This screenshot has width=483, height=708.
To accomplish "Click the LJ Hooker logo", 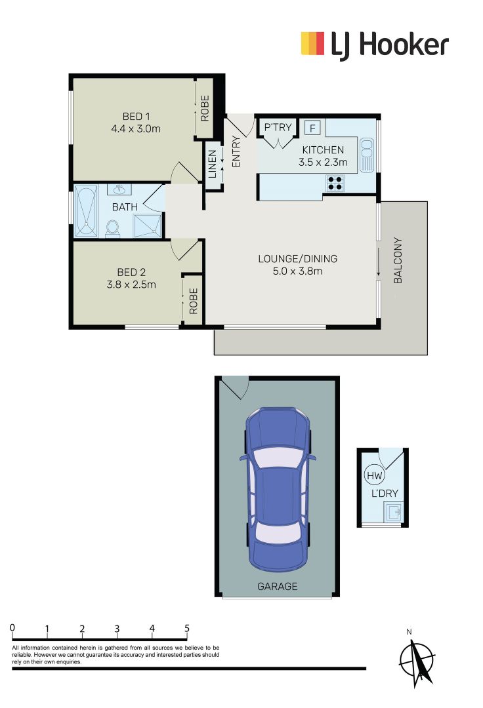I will [x=374, y=45].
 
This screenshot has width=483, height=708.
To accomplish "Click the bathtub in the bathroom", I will [x=86, y=211].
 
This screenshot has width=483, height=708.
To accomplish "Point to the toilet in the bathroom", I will [x=112, y=227].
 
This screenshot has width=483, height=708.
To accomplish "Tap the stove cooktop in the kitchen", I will [x=335, y=183].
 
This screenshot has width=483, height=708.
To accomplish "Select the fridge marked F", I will [x=312, y=127].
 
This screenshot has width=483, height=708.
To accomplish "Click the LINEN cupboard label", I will [x=213, y=165].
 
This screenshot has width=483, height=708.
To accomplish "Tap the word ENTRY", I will [x=236, y=151].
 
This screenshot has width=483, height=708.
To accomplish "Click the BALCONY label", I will [x=398, y=260].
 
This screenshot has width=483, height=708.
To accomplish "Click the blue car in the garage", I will [x=277, y=488].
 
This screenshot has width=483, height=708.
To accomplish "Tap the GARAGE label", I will [x=277, y=587].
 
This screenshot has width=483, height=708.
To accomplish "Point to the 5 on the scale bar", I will [x=187, y=628].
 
